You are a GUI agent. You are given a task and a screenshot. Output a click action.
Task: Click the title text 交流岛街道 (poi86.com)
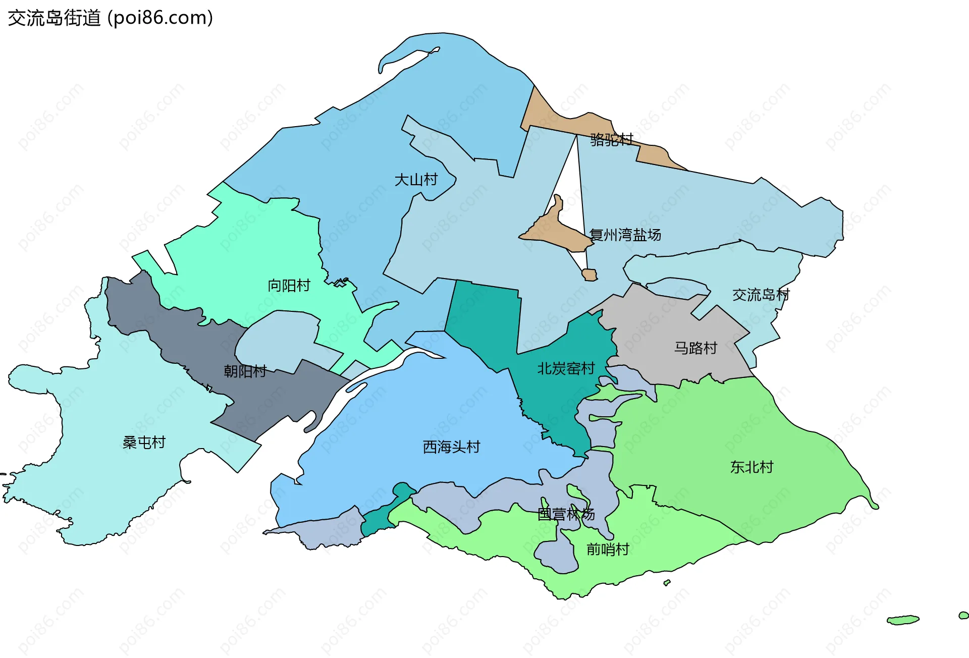point(110,18)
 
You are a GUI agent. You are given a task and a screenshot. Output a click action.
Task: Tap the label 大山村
point(416,180)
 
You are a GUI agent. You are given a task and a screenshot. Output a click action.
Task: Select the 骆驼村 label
point(612,139)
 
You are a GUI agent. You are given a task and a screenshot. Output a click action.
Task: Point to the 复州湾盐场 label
point(625,235)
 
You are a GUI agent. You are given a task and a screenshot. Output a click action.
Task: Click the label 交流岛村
point(761,295)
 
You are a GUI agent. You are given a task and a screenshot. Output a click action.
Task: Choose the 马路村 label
point(695,348)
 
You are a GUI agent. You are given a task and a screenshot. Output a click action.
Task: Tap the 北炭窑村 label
point(566,368)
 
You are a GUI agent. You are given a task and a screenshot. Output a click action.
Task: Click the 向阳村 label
point(289,286)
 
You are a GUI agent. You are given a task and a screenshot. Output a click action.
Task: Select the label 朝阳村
point(245,371)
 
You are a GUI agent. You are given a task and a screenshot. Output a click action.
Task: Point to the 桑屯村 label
point(144,443)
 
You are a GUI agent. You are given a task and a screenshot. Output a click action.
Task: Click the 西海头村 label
point(451,447)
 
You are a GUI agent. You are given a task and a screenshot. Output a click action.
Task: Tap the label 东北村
point(751,467)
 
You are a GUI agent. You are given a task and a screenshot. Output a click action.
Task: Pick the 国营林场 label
point(566,514)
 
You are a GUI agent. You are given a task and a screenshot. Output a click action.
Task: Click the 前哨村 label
point(608,549)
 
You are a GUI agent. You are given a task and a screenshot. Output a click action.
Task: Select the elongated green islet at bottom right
point(903,620)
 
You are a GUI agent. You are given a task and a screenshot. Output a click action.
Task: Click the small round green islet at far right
point(963,615)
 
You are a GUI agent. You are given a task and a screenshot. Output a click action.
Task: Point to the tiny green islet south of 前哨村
point(667,583)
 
